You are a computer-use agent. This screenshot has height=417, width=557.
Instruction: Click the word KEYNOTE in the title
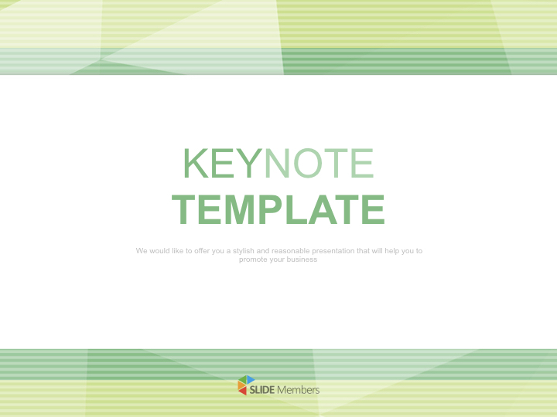coord(278,163)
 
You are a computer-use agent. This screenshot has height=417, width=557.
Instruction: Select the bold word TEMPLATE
coord(278,209)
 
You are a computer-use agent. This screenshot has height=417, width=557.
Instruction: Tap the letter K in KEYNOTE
coord(196,163)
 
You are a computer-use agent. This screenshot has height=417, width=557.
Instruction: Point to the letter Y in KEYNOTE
coord(249,163)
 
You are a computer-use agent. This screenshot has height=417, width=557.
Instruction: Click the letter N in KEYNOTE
coord(278,163)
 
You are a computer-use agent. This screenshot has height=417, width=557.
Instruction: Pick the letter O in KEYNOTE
coord(308,163)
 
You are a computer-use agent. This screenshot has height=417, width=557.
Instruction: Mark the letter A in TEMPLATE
coord(323,209)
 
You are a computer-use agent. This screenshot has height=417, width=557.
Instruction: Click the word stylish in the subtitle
coord(244,251)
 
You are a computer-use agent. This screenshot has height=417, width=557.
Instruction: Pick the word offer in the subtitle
coord(202,251)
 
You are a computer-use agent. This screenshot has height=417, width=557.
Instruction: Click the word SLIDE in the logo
coord(262,390)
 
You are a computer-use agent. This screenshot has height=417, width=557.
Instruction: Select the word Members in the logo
coord(299,390)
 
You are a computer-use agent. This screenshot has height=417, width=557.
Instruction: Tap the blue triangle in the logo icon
coord(251,379)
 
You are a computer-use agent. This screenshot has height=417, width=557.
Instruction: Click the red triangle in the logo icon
coord(243,390)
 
